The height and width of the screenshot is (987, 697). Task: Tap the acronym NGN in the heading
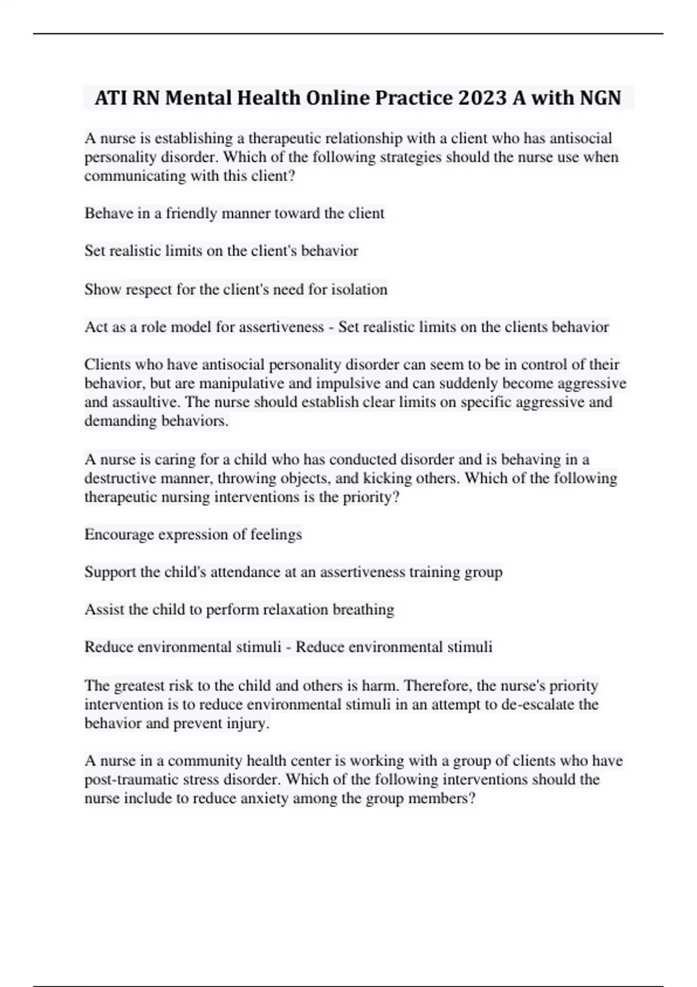[x=600, y=98]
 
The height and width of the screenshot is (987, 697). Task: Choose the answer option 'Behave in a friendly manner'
[x=234, y=213]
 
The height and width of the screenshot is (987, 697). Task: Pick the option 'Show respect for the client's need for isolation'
[x=236, y=289]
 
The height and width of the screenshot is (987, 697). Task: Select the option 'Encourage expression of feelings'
[x=193, y=534]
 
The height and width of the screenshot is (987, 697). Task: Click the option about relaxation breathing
[x=239, y=610]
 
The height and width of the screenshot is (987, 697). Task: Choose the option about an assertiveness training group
[x=293, y=572]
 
